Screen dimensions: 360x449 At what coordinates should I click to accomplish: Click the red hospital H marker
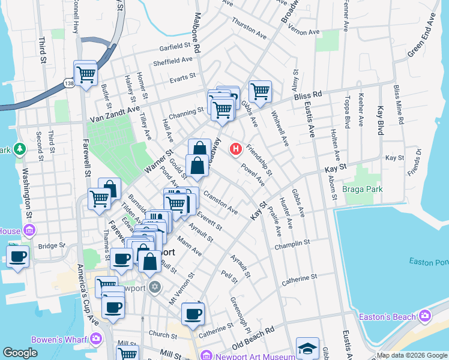[x=237, y=148]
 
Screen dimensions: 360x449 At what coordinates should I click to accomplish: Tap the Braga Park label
[x=362, y=189]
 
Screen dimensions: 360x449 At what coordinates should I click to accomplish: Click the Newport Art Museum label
[x=249, y=356]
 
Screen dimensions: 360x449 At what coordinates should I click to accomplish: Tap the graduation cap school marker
[x=307, y=348]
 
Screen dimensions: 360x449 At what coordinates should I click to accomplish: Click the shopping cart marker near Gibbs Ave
[x=260, y=91]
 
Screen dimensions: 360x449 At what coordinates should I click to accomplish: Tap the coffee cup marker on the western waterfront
[x=19, y=256]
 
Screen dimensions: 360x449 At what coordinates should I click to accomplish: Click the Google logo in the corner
[x=20, y=353]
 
